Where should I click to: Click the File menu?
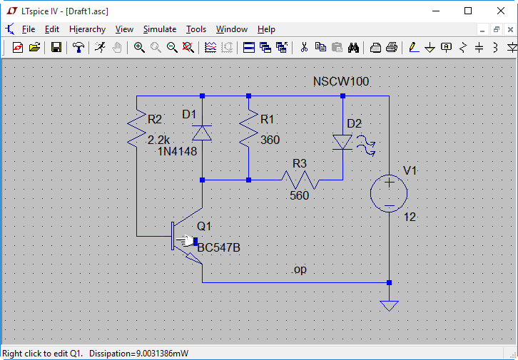point(28,29)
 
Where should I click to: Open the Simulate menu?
point(159,29)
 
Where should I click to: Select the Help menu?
point(266,29)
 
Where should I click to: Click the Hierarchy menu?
point(87,29)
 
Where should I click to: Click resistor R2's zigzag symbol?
point(136,128)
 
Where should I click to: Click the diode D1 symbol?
point(203,132)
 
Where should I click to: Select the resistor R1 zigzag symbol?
point(248,128)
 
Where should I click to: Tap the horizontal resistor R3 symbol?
point(299,180)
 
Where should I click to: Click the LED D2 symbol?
point(343,142)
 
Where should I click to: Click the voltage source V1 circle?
point(389,192)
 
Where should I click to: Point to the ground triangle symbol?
point(389,305)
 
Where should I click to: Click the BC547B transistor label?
point(218,248)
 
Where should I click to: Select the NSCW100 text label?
point(341,81)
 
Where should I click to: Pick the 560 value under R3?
point(299,195)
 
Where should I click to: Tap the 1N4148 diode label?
point(177,150)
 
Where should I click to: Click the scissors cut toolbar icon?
point(304,48)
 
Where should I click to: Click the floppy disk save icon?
point(56,48)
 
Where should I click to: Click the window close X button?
point(501,11)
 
